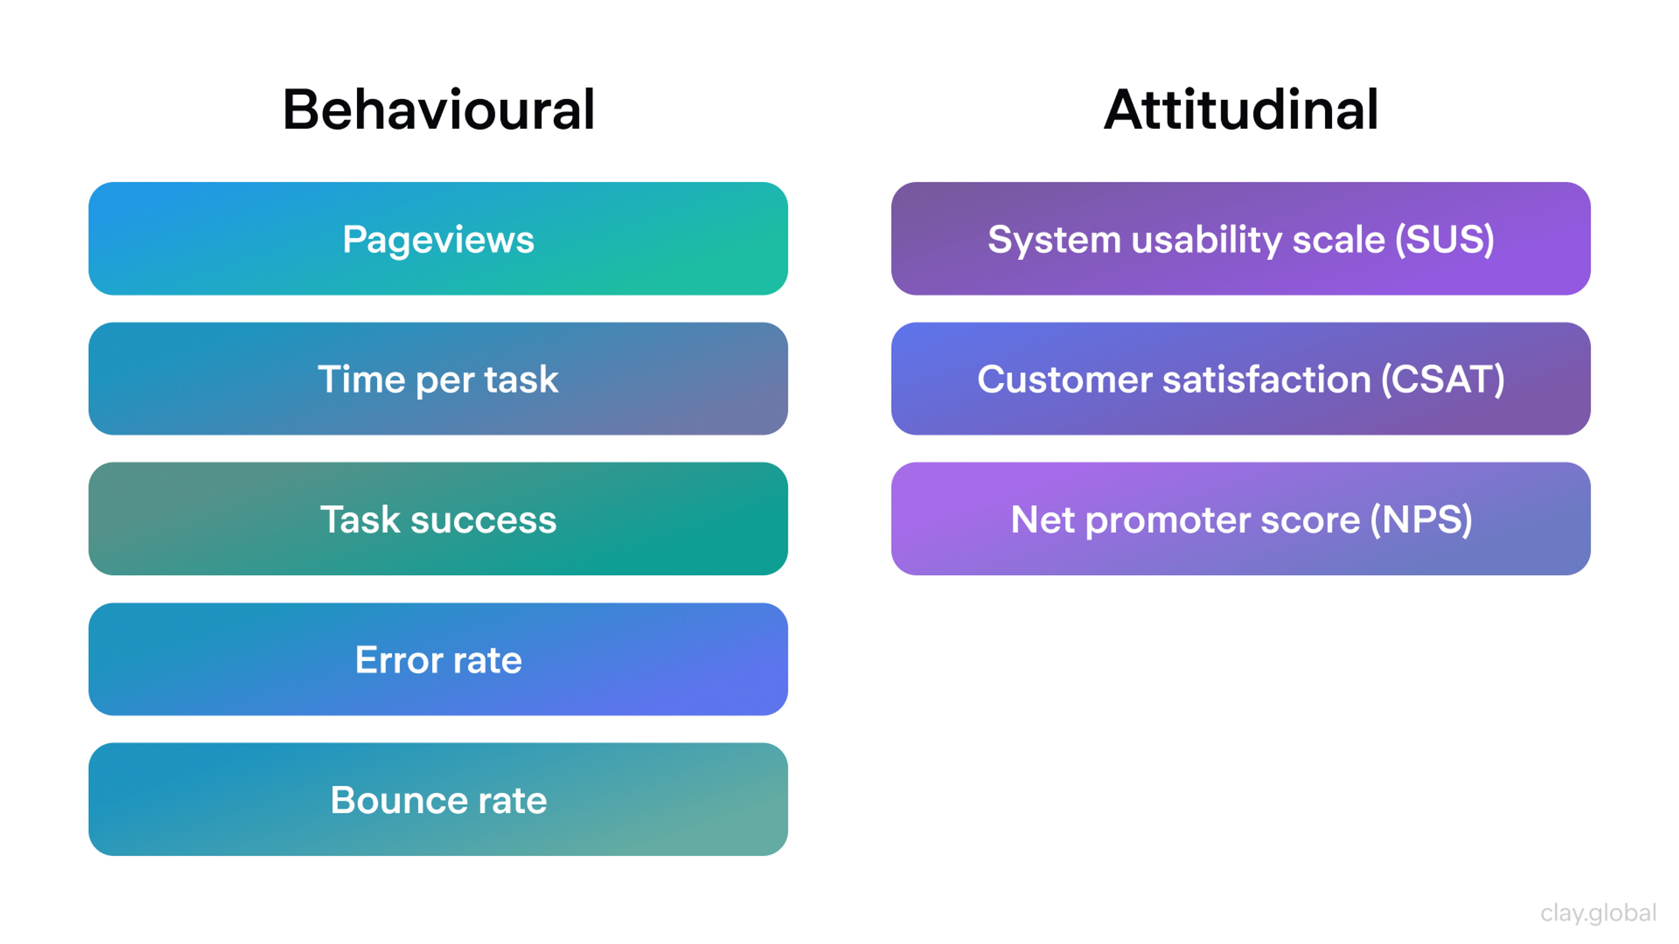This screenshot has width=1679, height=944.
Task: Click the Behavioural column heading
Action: click(x=438, y=109)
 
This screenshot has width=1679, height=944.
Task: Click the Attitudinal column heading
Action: click(x=1240, y=109)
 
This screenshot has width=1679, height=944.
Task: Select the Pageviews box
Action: click(x=438, y=239)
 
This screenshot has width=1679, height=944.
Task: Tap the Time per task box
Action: click(x=438, y=378)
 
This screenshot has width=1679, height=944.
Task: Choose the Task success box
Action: click(x=438, y=519)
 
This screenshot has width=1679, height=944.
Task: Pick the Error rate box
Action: click(x=438, y=659)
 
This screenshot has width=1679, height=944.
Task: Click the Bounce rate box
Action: click(x=438, y=799)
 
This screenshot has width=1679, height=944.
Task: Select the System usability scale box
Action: click(x=1240, y=239)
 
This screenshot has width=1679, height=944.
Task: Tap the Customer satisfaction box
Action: click(x=1240, y=378)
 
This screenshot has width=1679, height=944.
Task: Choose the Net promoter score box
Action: click(x=1240, y=519)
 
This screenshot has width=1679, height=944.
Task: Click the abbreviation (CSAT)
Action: click(x=1442, y=380)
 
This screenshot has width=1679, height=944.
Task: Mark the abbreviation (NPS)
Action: click(x=1421, y=520)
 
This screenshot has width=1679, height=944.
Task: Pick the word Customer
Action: click(x=1064, y=380)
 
